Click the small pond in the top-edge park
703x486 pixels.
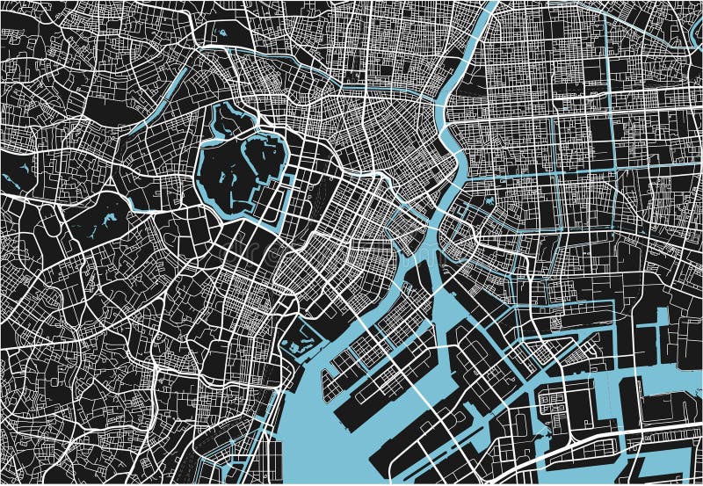(x=220, y=33)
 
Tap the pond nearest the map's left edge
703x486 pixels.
(x=12, y=179)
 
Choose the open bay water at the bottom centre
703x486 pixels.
(x=334, y=439)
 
